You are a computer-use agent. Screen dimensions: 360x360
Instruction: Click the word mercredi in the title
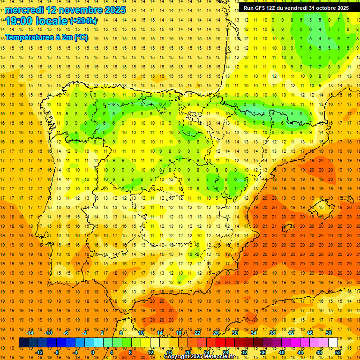24,9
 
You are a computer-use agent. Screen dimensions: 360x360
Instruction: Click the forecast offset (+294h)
83,21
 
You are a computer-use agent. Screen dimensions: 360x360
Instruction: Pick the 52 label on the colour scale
338,352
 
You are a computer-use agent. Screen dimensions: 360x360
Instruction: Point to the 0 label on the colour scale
93,352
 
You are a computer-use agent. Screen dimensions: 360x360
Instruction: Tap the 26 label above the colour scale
216,333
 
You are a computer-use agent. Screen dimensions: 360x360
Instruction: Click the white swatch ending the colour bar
333,343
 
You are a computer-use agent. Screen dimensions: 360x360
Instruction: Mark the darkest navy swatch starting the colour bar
23,343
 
